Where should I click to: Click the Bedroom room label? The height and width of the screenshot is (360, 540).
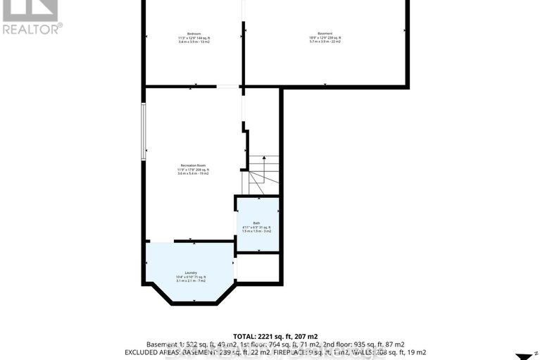(194, 34)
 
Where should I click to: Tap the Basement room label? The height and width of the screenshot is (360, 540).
(325, 34)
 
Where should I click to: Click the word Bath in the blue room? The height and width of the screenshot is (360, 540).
(256, 223)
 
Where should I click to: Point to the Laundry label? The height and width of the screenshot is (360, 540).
(190, 273)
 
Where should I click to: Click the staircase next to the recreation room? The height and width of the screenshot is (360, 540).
(263, 176)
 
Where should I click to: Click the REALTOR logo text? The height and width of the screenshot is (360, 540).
(32, 29)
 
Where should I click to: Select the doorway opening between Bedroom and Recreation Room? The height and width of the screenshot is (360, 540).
(227, 87)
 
